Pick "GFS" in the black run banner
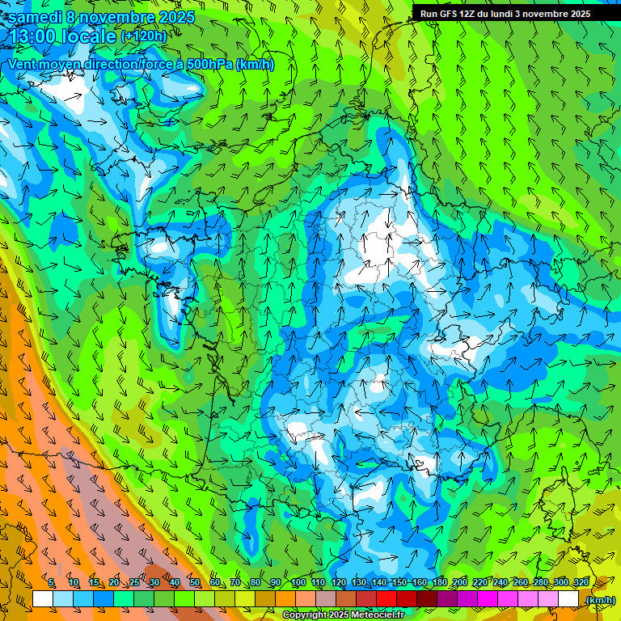[450, 14]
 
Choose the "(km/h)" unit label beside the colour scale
[599, 600]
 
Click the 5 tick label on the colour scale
[51, 583]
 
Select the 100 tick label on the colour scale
[298, 583]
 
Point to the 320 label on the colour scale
[580, 583]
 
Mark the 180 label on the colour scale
[439, 583]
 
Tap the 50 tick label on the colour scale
[194, 583]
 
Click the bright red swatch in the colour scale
[387, 599]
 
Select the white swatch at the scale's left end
[43, 599]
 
